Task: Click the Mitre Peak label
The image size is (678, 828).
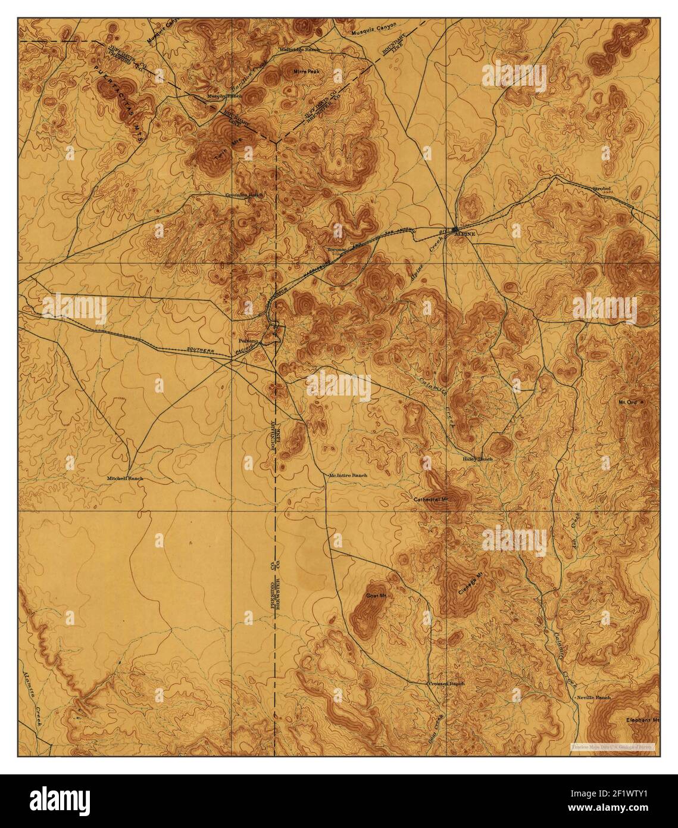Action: (x=308, y=71)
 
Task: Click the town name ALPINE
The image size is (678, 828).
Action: (x=465, y=235)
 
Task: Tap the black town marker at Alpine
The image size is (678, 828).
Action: (x=455, y=228)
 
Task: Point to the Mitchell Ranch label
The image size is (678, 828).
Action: (x=125, y=478)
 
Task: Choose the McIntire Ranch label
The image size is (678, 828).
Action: (x=348, y=475)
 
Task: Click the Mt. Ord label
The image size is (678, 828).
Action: (x=628, y=403)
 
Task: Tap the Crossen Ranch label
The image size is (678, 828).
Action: (x=446, y=684)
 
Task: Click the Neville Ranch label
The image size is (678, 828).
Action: (x=593, y=697)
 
